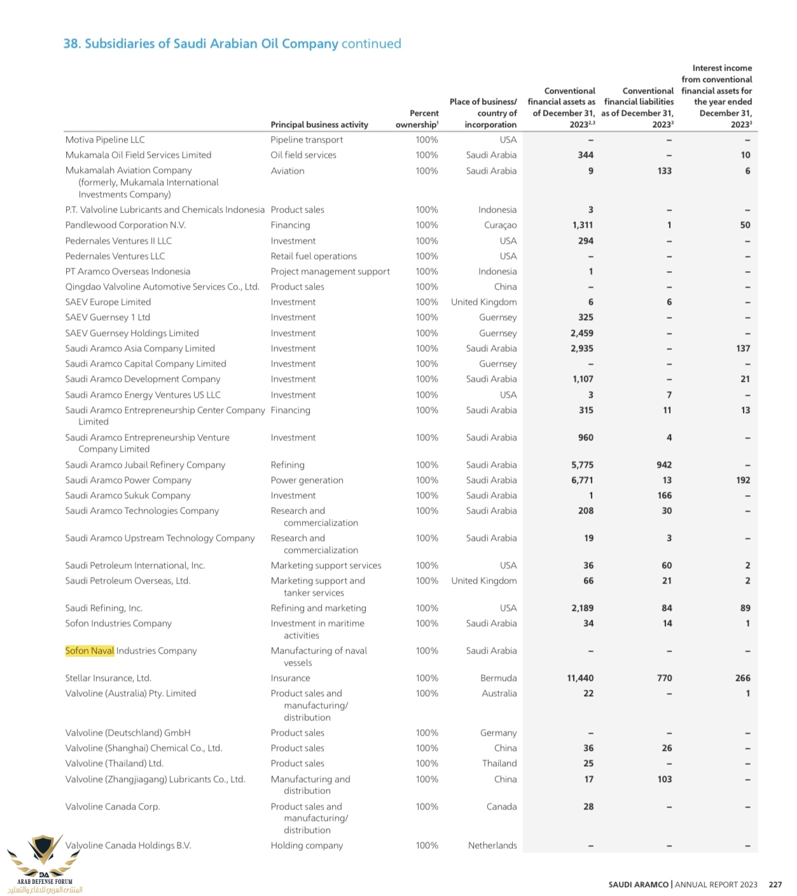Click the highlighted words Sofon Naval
90,650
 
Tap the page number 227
775,885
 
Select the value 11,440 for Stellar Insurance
580,678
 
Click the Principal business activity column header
319,125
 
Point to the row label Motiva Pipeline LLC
105,140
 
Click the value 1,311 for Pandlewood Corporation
583,225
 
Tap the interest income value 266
742,678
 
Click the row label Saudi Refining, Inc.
104,608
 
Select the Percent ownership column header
418,119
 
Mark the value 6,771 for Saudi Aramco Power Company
582,480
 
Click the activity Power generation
307,480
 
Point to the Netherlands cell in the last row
492,846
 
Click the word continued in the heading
371,44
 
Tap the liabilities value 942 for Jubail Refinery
664,465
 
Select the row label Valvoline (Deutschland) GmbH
128,733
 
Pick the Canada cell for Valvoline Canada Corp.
501,807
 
